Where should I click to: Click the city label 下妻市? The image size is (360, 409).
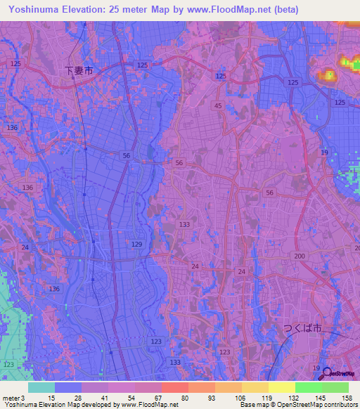coord(78,70)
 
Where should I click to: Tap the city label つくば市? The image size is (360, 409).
coord(302,328)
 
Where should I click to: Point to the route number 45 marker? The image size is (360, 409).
coord(218,106)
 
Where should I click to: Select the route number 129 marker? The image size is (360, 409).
coord(136,244)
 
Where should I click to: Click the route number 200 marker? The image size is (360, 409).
coord(300,257)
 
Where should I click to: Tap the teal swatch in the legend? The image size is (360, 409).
coord(41,387)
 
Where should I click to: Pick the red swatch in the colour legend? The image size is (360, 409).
coord(175,387)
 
